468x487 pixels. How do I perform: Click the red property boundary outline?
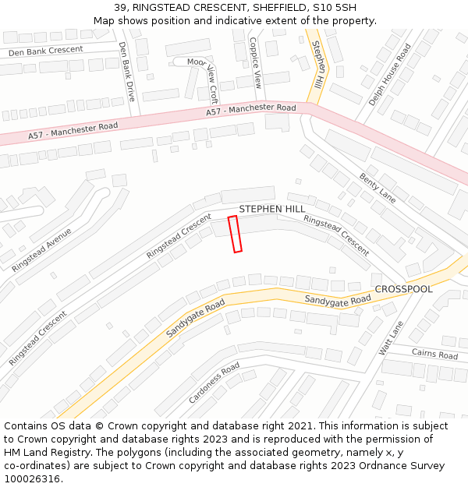pyautogui.click(x=235, y=234)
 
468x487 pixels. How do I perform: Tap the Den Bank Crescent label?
pyautogui.click(x=45, y=51)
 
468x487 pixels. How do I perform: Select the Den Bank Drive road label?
pyautogui.click(x=127, y=72)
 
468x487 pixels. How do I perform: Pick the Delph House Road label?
pyautogui.click(x=390, y=75)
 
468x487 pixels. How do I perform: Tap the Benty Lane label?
pyautogui.click(x=378, y=189)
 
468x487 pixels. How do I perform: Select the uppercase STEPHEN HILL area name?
pyautogui.click(x=272, y=209)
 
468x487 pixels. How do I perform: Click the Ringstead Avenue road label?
pyautogui.click(x=41, y=249)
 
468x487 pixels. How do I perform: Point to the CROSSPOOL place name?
pyautogui.click(x=403, y=289)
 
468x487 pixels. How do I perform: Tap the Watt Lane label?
pyautogui.click(x=392, y=338)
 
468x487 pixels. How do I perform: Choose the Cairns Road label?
pyautogui.click(x=434, y=355)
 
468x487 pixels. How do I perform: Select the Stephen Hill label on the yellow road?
pyautogui.click(x=318, y=65)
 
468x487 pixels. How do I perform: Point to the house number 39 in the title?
pyautogui.click(x=120, y=8)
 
